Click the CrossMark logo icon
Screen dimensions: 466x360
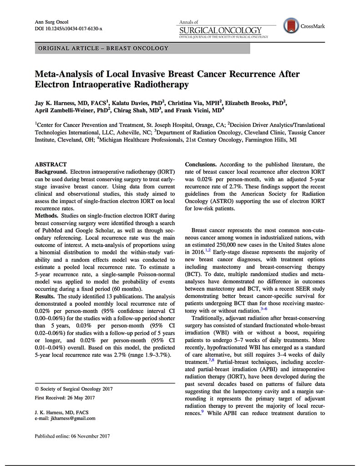click(290, 25)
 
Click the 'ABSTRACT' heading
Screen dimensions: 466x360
click(51, 164)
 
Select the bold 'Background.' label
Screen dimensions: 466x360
click(51, 172)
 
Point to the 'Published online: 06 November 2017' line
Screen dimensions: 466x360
click(72, 436)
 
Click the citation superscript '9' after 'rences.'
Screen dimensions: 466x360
click(203, 411)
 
